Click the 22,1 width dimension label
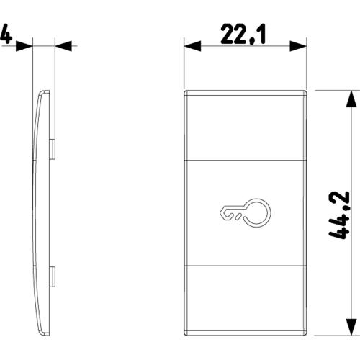(243, 34)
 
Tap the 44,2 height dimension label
(338, 215)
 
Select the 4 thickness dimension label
(6, 34)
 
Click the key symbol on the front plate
(246, 212)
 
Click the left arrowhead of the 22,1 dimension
(192, 46)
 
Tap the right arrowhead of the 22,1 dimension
(298, 46)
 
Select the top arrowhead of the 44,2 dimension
(351, 99)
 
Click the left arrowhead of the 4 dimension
(24, 46)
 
